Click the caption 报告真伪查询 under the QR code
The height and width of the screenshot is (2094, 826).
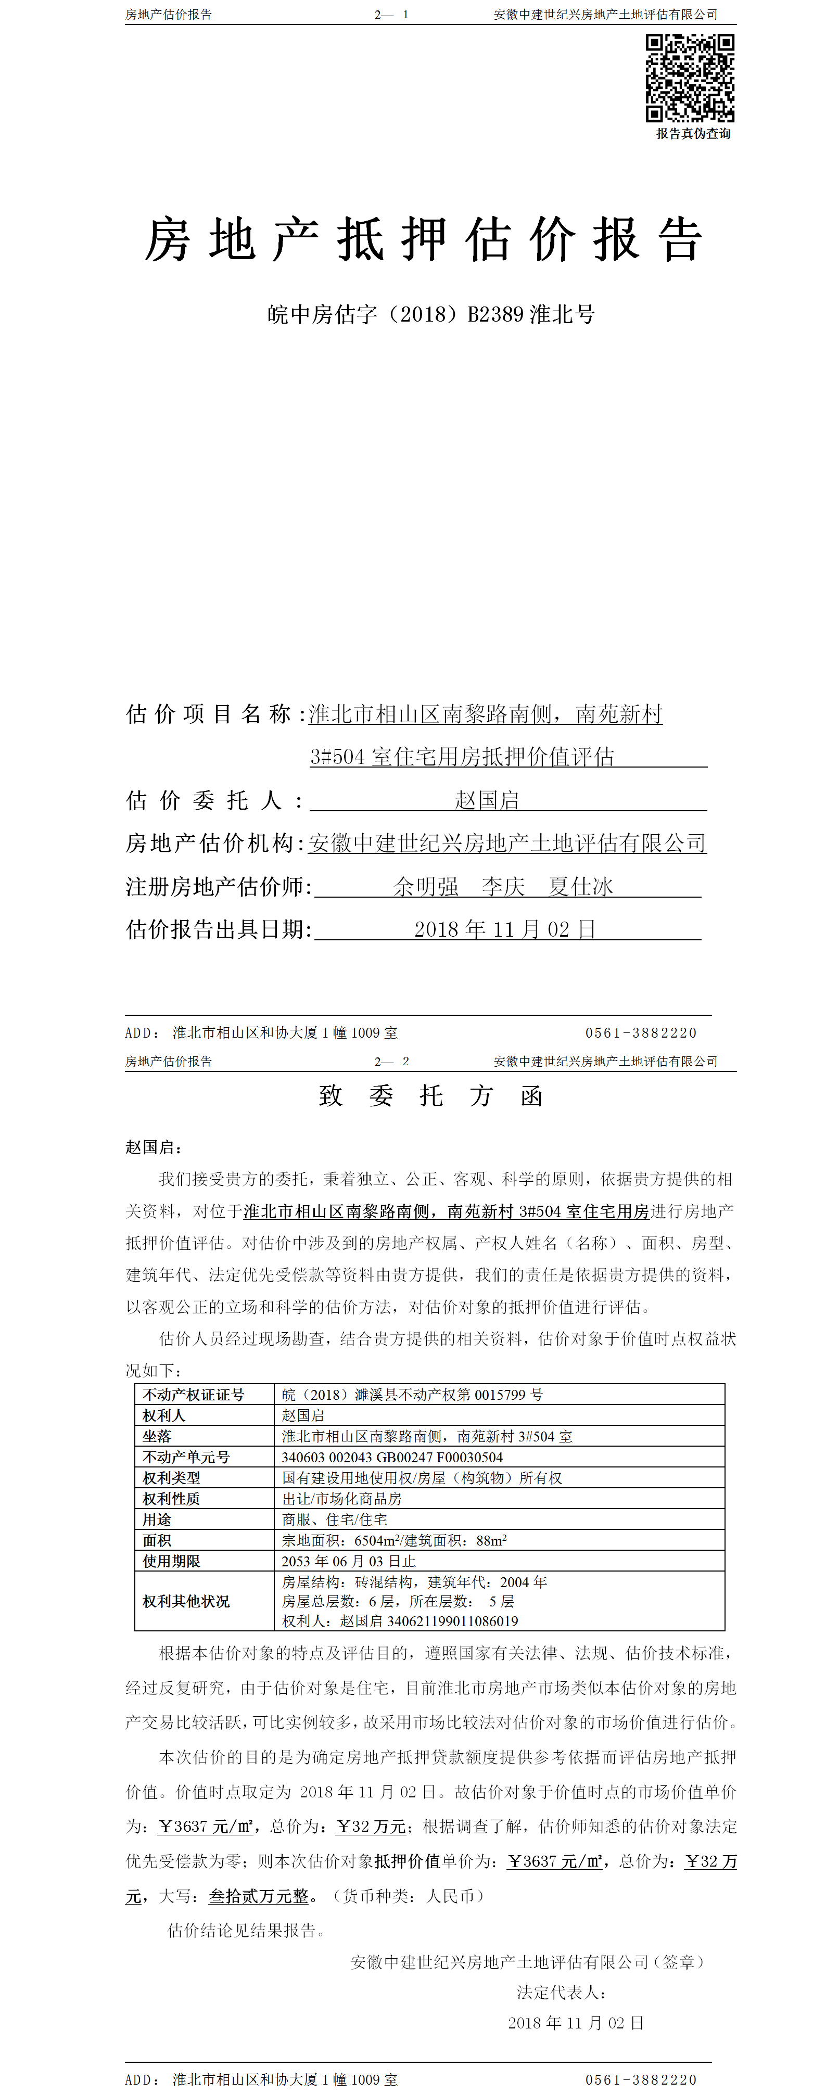tap(693, 133)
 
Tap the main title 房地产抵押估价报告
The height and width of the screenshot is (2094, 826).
tap(423, 240)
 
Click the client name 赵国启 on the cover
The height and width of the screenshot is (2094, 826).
tap(486, 800)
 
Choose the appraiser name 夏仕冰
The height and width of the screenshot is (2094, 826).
tap(580, 886)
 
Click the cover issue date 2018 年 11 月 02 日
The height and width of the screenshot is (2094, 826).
tap(505, 929)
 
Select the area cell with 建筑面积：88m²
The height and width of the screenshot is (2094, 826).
tap(393, 1540)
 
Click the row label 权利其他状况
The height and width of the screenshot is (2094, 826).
tap(186, 1601)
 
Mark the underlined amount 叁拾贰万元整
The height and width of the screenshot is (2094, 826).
tap(259, 1896)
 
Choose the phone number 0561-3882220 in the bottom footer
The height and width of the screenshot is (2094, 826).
tap(641, 2079)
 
